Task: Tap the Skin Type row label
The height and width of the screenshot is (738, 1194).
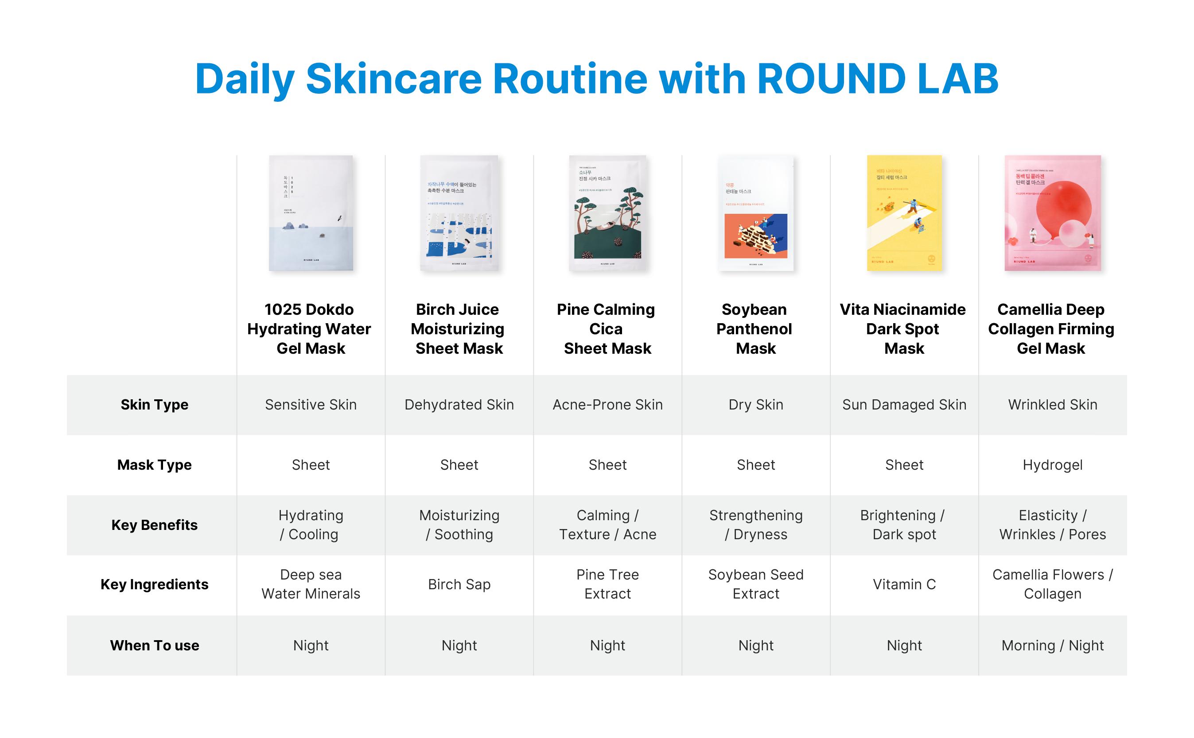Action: [x=154, y=405]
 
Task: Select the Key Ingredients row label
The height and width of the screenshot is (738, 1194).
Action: [x=154, y=584]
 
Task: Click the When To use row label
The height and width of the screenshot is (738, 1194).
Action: [x=154, y=645]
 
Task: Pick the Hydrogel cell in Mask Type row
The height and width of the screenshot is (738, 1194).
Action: [x=1052, y=465]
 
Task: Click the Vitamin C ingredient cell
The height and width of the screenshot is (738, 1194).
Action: [x=904, y=584]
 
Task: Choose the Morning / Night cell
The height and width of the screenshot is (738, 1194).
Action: [x=1052, y=645]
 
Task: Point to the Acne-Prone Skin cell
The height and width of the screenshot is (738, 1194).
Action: [x=607, y=405]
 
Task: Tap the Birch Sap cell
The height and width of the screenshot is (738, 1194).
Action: [x=459, y=584]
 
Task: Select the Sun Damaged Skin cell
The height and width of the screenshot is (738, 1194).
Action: [x=904, y=405]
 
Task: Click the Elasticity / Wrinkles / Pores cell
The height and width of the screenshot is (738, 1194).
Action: [x=1052, y=525]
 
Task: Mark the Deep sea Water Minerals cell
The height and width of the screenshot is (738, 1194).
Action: [x=311, y=584]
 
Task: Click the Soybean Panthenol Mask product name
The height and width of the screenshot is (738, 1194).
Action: [x=755, y=328]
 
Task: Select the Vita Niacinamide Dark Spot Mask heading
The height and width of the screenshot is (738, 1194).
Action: [x=902, y=328]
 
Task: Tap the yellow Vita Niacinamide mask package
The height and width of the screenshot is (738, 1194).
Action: [x=904, y=213]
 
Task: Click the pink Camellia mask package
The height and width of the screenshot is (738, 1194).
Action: [x=1052, y=213]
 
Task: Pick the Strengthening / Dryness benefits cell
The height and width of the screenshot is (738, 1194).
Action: [x=755, y=525]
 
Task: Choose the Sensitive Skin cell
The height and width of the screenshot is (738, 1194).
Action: [x=311, y=405]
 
